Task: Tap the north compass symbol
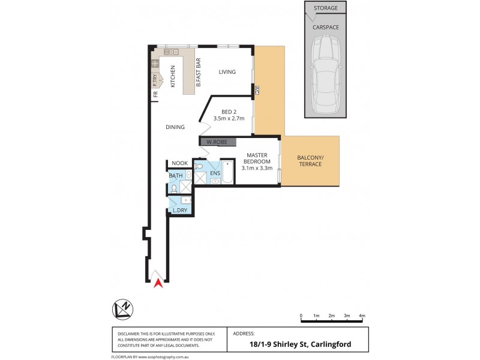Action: [x=124, y=308]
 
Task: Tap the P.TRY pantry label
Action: [x=154, y=79]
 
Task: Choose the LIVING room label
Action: [x=227, y=72]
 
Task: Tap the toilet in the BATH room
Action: [x=173, y=188]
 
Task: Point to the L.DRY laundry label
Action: [x=180, y=210]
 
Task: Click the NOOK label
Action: [x=180, y=163]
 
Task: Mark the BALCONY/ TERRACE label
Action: [x=310, y=161]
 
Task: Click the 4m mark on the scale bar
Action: [x=362, y=315]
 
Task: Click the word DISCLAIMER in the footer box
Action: [x=127, y=333]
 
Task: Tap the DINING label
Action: [x=175, y=127]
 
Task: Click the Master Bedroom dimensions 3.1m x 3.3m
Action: [x=257, y=168]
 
